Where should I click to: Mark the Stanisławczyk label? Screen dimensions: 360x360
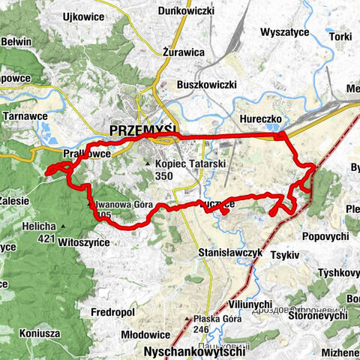click(x=231, y=253)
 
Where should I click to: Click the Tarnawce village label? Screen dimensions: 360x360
click(x=26, y=117)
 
